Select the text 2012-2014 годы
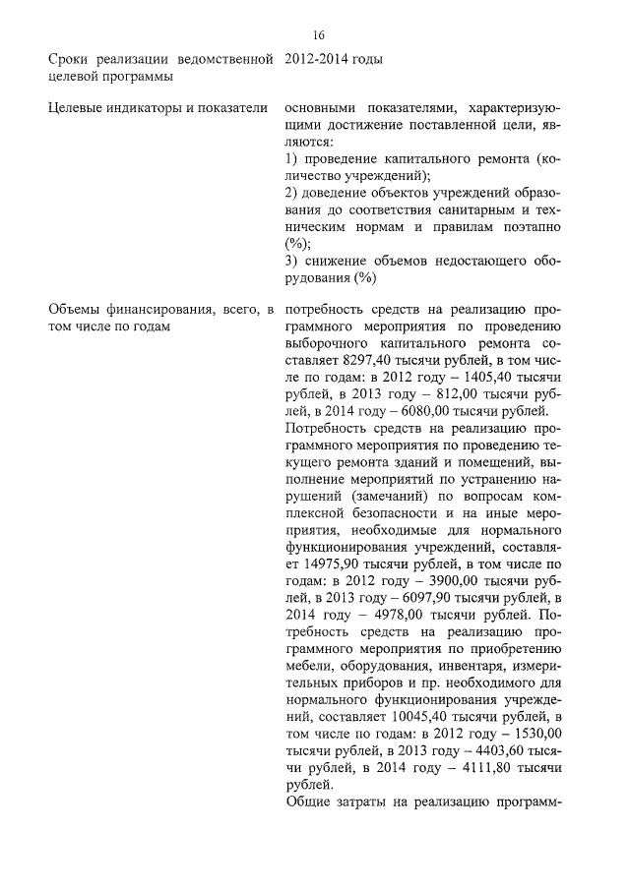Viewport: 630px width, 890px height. (x=333, y=60)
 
